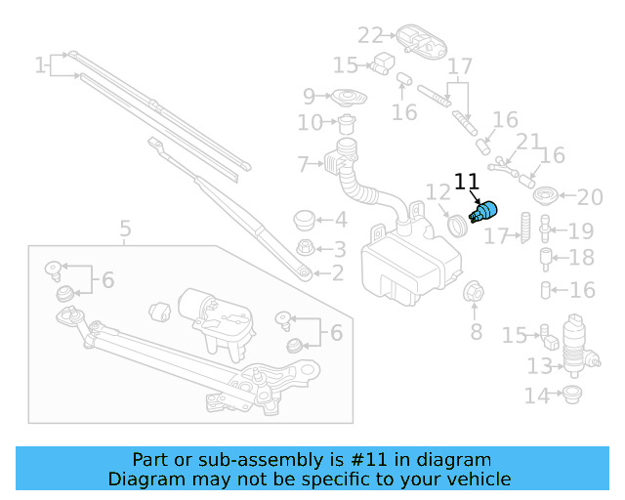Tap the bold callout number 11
point(467,183)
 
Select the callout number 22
point(370,36)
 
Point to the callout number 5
point(125,230)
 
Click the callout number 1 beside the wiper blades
point(40,66)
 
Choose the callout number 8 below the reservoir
point(477,332)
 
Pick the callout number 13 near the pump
point(539,366)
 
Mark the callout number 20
point(590,198)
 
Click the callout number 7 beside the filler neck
point(303,163)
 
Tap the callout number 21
point(527,143)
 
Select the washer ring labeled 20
point(547,193)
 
